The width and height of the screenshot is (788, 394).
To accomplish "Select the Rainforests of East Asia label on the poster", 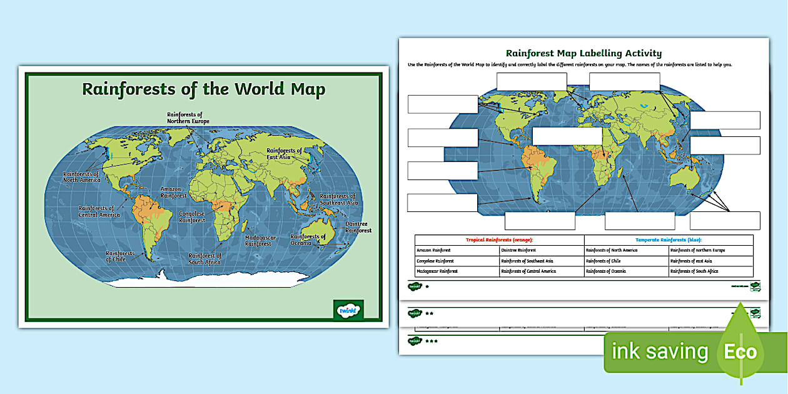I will tap(284, 154).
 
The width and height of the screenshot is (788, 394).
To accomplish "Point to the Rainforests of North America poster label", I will tap(81, 176).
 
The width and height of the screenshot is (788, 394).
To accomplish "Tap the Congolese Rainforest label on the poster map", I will tap(192, 216).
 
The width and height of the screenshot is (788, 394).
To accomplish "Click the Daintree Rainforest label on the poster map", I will tap(358, 227).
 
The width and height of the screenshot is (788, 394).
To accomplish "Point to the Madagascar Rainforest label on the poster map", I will tap(258, 241).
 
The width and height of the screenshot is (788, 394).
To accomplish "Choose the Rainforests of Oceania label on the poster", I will tap(308, 240).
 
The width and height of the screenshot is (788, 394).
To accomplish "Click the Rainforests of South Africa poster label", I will tap(205, 258).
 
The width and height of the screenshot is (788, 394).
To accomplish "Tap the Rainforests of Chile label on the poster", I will tap(116, 256).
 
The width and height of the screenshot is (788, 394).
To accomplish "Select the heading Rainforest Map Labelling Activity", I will tap(583, 53).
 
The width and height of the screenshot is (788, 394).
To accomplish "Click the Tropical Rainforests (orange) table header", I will tap(499, 240).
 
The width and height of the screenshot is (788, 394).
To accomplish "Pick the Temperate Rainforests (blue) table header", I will tap(668, 240).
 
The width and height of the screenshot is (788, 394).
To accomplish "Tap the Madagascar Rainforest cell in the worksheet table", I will tap(438, 271).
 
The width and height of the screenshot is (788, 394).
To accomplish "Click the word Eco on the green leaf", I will tap(740, 351).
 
